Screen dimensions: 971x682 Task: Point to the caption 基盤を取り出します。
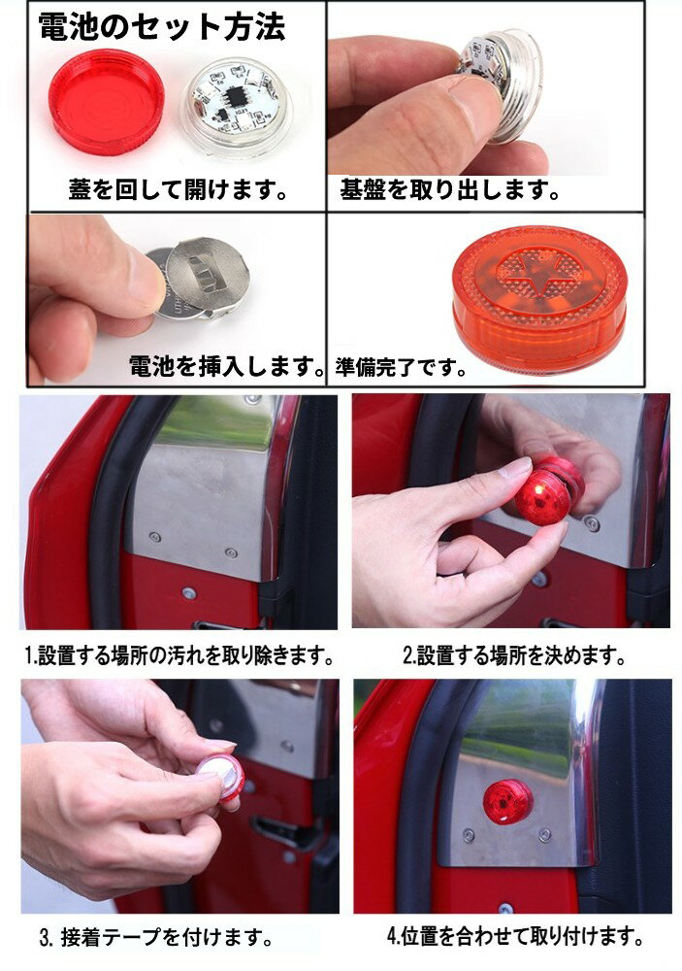click(450, 189)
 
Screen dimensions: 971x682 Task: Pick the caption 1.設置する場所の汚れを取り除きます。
click(179, 656)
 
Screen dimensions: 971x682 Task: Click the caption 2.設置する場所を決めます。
click(513, 656)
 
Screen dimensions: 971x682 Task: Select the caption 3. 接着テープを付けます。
click(155, 938)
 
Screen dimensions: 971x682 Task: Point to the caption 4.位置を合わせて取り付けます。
click(515, 937)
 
